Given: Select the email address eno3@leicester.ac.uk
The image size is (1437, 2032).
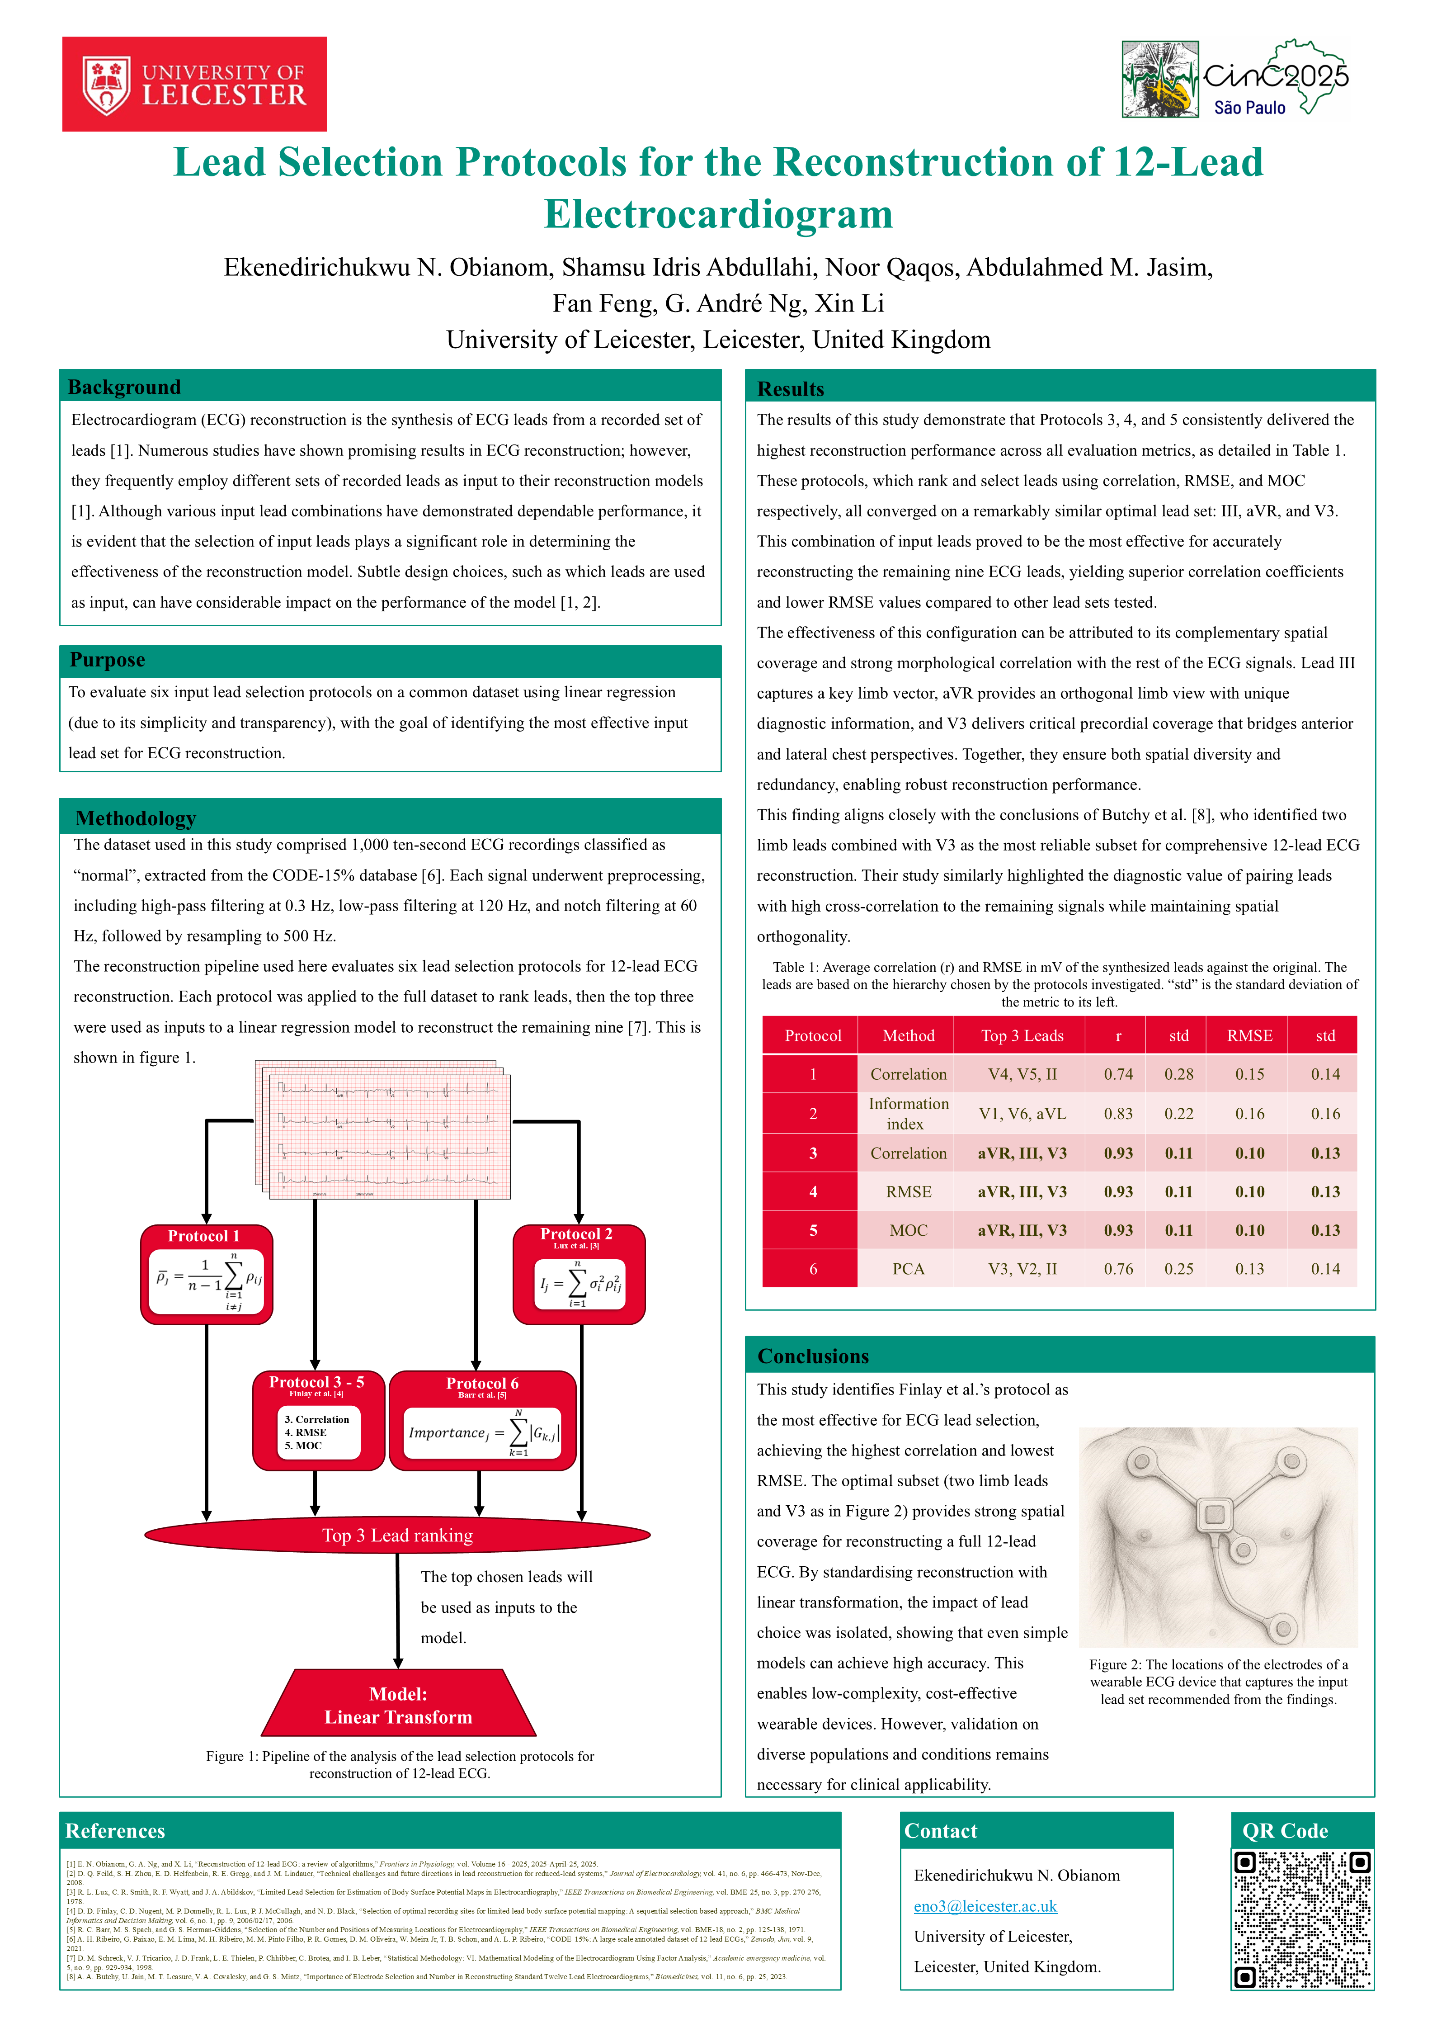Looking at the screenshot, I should click(985, 1905).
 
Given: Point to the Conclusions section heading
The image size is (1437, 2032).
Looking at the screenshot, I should click(813, 1356).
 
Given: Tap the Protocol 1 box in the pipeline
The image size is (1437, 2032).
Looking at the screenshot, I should click(206, 1275).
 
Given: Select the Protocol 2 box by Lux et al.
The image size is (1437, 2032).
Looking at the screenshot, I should click(579, 1275).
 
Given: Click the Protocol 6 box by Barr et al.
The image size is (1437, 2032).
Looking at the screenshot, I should click(482, 1420).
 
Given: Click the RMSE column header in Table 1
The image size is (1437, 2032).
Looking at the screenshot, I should click(1249, 1035).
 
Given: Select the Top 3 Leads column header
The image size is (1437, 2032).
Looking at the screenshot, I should click(1022, 1035).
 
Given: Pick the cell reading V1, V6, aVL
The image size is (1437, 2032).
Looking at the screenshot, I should click(1022, 1113).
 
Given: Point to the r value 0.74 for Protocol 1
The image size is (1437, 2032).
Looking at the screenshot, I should click(1117, 1074).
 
